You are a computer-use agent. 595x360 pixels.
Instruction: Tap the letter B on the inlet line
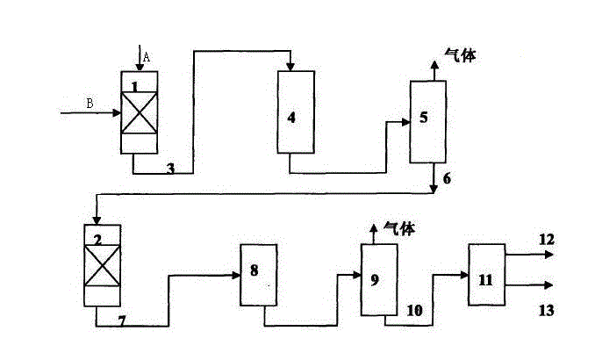pos(90,104)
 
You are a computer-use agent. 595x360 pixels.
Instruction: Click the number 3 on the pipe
pos(170,168)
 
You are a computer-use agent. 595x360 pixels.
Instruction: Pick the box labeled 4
pos(296,112)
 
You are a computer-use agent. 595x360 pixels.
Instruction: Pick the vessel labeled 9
pos(378,280)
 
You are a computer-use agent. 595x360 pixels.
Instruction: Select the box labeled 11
pos(486,275)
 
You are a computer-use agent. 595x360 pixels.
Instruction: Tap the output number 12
pos(547,239)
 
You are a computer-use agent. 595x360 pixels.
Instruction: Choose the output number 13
pos(547,310)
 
